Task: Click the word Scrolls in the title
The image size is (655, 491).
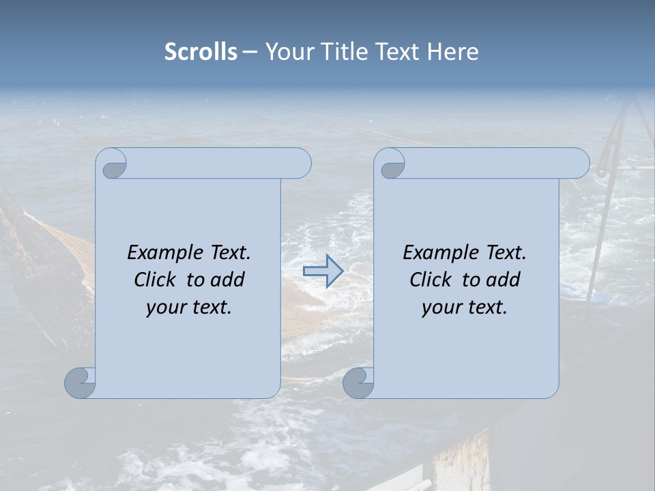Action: pyautogui.click(x=201, y=52)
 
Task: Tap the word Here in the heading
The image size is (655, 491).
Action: pyautogui.click(x=452, y=52)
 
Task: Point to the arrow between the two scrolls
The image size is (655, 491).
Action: pyautogui.click(x=323, y=271)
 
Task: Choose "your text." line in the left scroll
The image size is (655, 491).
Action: pyautogui.click(x=189, y=308)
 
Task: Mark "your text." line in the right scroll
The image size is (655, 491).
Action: pyautogui.click(x=465, y=308)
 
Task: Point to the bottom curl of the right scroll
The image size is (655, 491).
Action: pyautogui.click(x=358, y=383)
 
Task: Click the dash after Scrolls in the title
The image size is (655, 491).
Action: pyautogui.click(x=250, y=52)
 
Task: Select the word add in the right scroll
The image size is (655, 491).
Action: pyautogui.click(x=503, y=280)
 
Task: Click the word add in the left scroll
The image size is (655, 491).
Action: pyautogui.click(x=227, y=280)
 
